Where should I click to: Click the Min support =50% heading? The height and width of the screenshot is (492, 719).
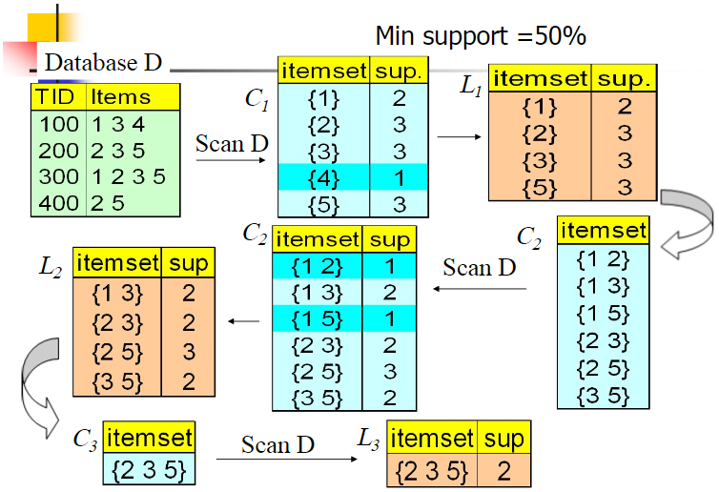click(481, 35)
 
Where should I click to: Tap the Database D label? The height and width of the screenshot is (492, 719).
click(103, 63)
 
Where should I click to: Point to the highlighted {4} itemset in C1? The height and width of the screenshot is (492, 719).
click(323, 177)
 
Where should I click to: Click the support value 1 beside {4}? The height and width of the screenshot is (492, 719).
click(399, 177)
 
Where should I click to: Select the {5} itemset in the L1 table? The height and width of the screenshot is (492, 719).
click(540, 187)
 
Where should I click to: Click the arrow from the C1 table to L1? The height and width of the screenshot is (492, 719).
click(459, 137)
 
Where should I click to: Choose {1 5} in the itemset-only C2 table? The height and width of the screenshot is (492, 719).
click(603, 313)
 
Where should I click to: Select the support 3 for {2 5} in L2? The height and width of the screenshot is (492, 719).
click(188, 351)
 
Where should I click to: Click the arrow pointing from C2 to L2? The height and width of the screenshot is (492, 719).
click(246, 320)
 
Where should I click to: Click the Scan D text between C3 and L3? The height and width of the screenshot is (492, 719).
click(277, 445)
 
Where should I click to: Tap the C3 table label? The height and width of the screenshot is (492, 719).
click(86, 441)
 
